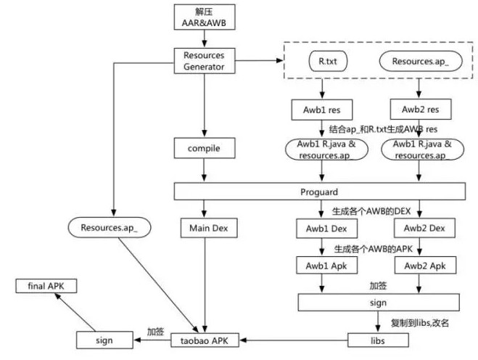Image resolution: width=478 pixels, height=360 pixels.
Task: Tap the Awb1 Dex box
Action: [319, 228]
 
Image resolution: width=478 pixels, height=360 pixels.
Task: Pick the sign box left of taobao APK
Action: [104, 339]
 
